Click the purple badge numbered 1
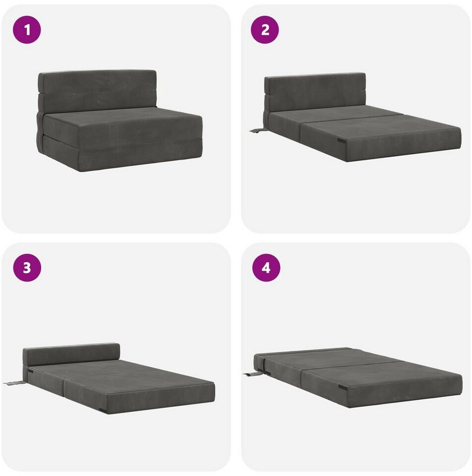[27, 30]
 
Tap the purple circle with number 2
[265, 30]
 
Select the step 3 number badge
[27, 268]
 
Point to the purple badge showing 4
[266, 268]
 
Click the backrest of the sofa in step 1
[97, 90]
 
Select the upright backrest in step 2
[315, 92]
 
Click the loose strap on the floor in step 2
[257, 131]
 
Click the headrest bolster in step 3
[71, 354]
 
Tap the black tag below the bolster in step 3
[30, 371]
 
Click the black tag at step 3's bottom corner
[103, 412]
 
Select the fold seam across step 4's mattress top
[353, 365]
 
